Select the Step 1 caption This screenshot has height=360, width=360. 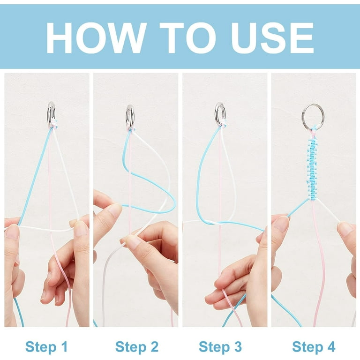click(46, 346)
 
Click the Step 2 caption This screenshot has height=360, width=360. click(137, 346)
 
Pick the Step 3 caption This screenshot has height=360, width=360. click(220, 346)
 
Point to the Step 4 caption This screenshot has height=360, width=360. click(314, 346)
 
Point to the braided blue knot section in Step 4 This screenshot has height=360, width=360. click(313, 168)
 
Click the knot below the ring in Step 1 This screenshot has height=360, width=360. click(53, 124)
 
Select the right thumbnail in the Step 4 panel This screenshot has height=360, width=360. click(346, 229)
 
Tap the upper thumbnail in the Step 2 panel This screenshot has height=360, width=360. click(114, 210)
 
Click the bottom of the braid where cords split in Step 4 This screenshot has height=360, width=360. click(313, 199)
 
